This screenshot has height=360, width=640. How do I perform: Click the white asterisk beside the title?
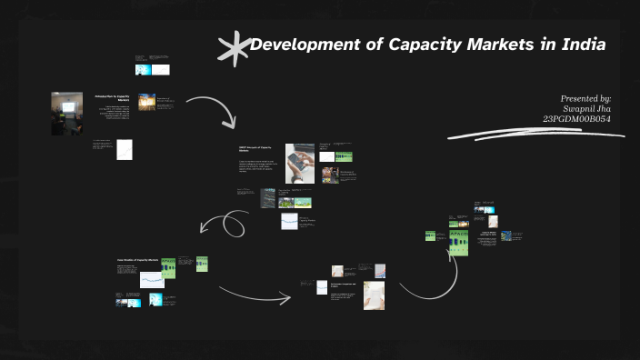(x=233, y=47)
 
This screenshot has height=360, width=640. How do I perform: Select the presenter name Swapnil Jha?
(x=589, y=108)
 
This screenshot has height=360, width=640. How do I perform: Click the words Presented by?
(x=585, y=97)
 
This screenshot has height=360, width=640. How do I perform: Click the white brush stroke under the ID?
(x=536, y=135)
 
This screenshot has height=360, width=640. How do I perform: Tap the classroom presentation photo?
(x=66, y=113)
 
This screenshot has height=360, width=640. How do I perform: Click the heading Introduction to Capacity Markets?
(x=112, y=96)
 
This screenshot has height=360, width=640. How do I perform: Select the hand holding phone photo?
(x=300, y=163)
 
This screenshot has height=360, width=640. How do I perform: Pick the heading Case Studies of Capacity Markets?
(x=136, y=260)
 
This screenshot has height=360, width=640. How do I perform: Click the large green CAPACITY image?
(x=459, y=241)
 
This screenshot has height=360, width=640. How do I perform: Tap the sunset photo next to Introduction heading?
(x=146, y=102)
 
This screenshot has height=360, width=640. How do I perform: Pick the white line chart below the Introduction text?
(x=125, y=149)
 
